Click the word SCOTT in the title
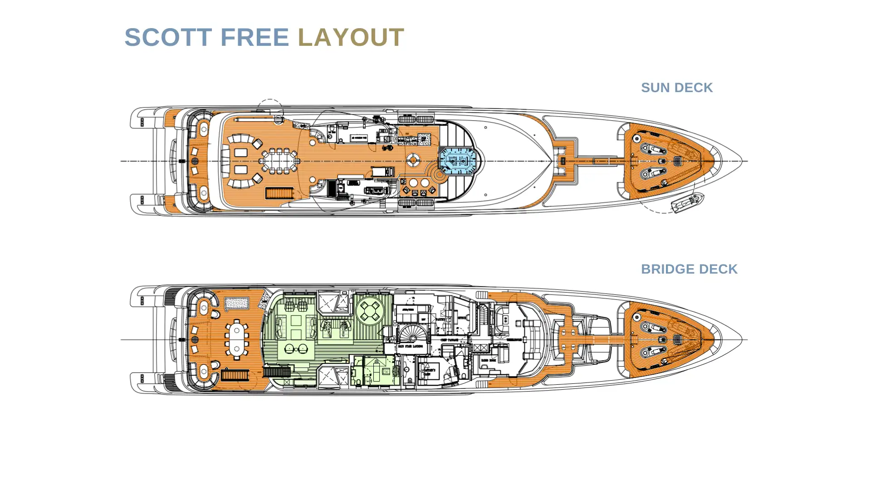[168, 37]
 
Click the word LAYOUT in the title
[351, 37]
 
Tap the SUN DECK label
[676, 88]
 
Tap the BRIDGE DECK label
[689, 269]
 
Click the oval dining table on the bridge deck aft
[236, 339]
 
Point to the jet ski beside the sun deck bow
[687, 202]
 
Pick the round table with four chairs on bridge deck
[370, 311]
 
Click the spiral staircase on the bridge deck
[413, 336]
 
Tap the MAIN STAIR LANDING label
[411, 346]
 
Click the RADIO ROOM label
[488, 360]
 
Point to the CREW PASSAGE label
[449, 340]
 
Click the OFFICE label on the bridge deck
[461, 318]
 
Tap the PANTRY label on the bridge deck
[440, 319]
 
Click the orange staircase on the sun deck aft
[279, 193]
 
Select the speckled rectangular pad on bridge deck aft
[237, 303]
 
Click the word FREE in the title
[254, 37]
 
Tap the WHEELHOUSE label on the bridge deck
[514, 340]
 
